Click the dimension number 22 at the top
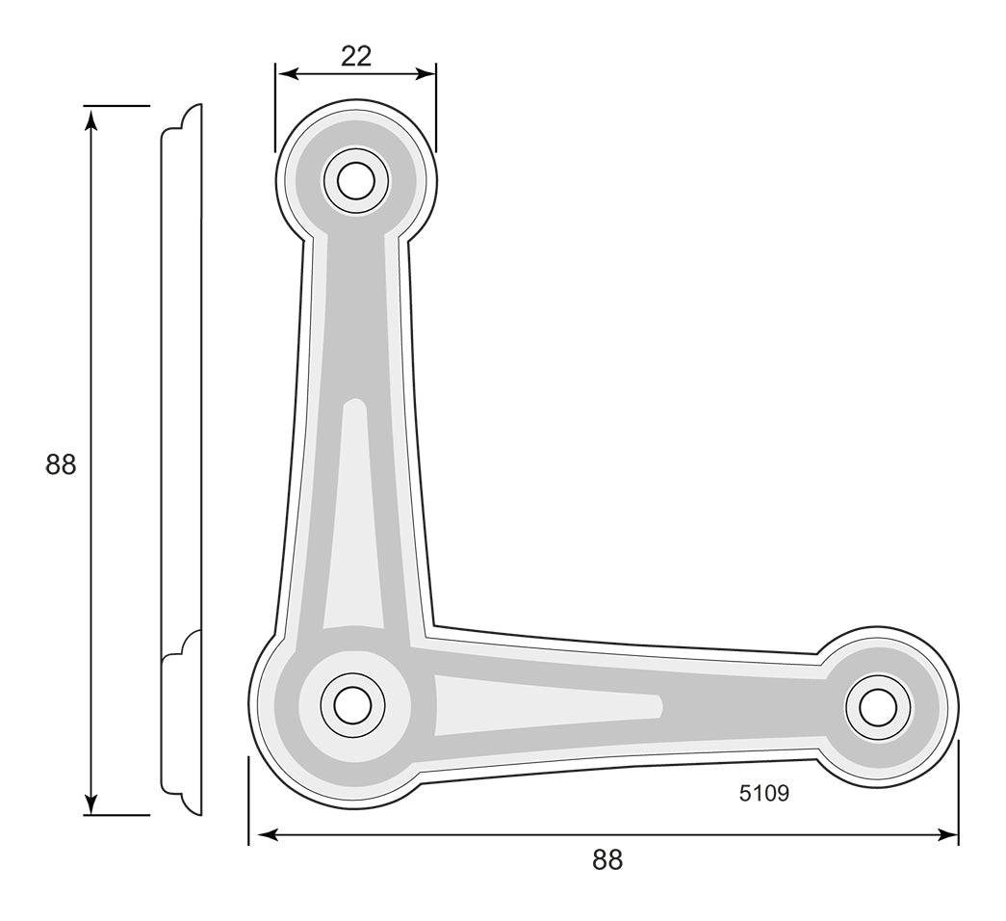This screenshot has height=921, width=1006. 356,57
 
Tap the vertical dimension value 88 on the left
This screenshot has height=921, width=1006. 61,464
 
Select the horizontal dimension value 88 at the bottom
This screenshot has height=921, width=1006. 606,859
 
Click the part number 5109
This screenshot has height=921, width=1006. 763,793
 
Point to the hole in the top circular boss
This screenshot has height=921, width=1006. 355,181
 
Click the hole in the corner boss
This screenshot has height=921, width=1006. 352,704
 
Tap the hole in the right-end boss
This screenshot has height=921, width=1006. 878,708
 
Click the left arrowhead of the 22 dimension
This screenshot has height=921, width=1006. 287,74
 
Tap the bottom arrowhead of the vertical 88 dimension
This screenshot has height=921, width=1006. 91,803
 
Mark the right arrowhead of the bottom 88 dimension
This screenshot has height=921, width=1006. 947,835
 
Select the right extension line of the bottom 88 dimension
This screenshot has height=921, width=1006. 958,792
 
